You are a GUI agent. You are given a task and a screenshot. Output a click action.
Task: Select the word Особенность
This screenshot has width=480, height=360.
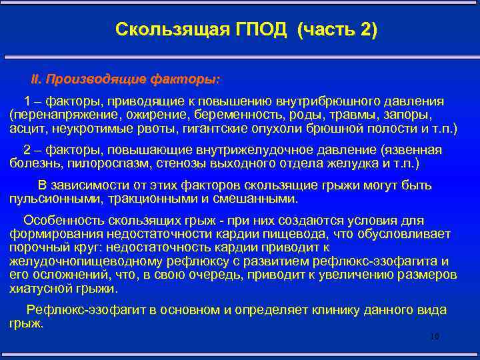pos(60,221)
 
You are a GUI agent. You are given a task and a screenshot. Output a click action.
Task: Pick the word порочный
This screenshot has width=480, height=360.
pos(35,247)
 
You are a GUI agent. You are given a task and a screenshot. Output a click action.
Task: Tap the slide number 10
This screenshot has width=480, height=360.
pos(435,337)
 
